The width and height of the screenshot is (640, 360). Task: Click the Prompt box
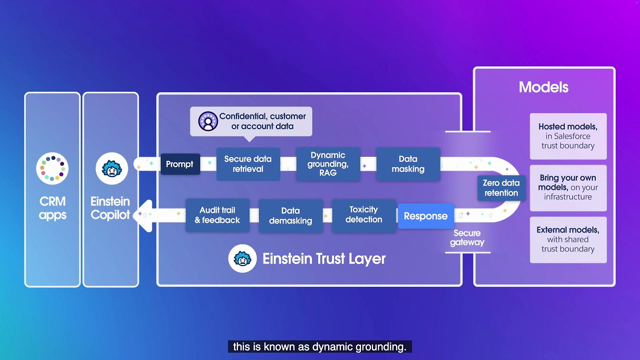pyautogui.click(x=180, y=164)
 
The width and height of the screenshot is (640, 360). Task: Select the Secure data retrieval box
pyautogui.click(x=248, y=164)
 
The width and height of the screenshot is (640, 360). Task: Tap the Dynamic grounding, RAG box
pyautogui.click(x=328, y=164)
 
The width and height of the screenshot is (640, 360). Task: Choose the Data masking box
pyautogui.click(x=408, y=164)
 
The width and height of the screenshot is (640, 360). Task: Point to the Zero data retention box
pyautogui.click(x=501, y=188)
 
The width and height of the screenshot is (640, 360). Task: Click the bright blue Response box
pyautogui.click(x=425, y=216)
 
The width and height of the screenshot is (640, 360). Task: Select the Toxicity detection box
pyautogui.click(x=363, y=215)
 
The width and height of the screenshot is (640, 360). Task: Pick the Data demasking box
pyautogui.click(x=290, y=216)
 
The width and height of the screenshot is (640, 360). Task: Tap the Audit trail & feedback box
pyautogui.click(x=217, y=215)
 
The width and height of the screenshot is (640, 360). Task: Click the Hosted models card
pyautogui.click(x=568, y=136)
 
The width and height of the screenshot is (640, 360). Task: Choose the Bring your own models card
pyautogui.click(x=568, y=187)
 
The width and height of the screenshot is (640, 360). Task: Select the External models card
pyautogui.click(x=568, y=239)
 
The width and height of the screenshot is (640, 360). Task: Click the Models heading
pyautogui.click(x=543, y=87)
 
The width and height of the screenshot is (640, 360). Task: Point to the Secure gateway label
pyautogui.click(x=467, y=237)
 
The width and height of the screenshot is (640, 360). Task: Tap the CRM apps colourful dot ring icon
pyautogui.click(x=52, y=168)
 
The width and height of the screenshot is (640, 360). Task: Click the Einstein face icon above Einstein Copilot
pyautogui.click(x=111, y=168)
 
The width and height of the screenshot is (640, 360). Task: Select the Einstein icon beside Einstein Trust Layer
pyautogui.click(x=243, y=259)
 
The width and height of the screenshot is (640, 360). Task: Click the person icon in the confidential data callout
pyautogui.click(x=208, y=121)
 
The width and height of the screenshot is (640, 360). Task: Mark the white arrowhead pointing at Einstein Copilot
pyautogui.click(x=144, y=215)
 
